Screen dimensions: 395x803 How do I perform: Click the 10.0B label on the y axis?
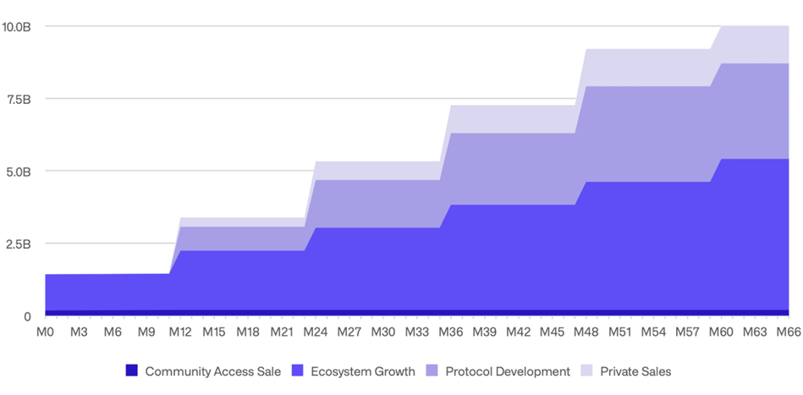tap(17, 26)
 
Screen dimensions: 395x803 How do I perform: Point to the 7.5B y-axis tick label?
tap(17, 99)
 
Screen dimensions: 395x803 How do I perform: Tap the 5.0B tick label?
tap(17, 171)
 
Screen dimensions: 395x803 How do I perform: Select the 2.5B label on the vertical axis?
tap(17, 244)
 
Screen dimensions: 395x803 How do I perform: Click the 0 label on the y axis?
tap(26, 316)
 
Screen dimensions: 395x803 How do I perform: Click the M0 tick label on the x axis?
tap(45, 332)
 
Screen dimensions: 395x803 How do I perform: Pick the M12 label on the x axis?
tap(180, 332)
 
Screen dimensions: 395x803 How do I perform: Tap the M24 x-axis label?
tap(316, 332)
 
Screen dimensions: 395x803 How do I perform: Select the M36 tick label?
tap(451, 332)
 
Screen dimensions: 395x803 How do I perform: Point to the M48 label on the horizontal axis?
tap(586, 332)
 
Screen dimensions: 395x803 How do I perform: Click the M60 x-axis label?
tap(721, 332)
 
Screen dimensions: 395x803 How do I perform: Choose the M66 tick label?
tap(789, 332)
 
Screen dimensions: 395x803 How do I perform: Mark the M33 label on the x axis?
tap(417, 332)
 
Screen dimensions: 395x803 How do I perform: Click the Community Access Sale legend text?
tap(213, 370)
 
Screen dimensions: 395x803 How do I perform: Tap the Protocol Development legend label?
tap(508, 370)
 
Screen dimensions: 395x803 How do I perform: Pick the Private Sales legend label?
tap(635, 370)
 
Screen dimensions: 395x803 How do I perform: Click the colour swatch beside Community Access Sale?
tap(131, 370)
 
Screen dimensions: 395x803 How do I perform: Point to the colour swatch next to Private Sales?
tap(587, 370)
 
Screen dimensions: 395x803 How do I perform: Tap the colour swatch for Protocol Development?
tap(432, 370)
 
